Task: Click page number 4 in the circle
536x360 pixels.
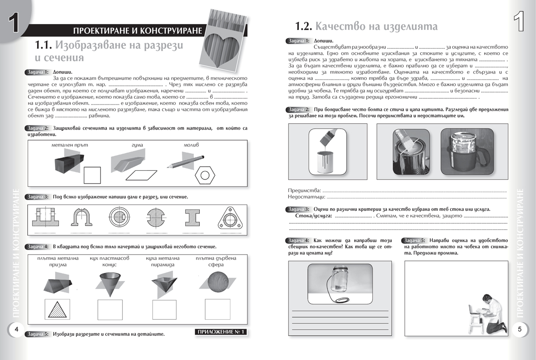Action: click(16, 329)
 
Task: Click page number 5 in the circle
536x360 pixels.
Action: click(519, 329)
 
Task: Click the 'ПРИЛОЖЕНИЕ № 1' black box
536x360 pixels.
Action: click(221, 332)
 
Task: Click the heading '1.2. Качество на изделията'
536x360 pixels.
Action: click(366, 26)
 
